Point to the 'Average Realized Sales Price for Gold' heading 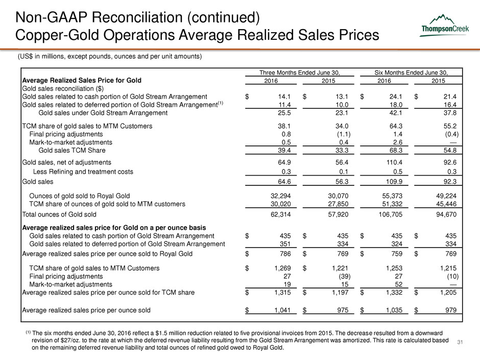click(82, 81)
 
